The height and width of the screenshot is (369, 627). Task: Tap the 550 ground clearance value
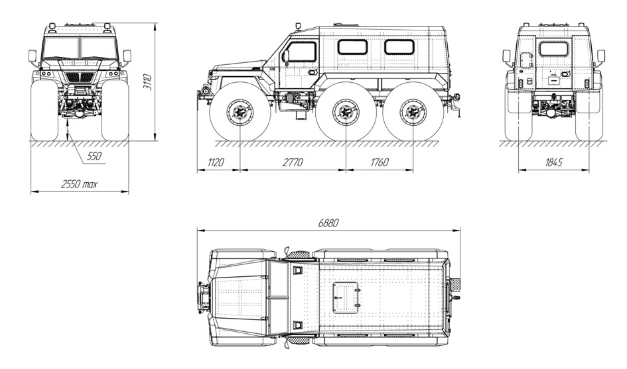tap(94, 156)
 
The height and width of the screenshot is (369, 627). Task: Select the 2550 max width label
tap(79, 184)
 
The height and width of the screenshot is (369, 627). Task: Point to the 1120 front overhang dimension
tap(216, 162)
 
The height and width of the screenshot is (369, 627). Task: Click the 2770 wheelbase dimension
tap(293, 162)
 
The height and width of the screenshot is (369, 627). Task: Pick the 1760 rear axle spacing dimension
tap(380, 162)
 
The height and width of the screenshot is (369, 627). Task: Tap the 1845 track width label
tap(554, 162)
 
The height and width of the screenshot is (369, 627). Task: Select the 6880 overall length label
tap(328, 223)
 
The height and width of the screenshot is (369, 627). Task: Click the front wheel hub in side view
tap(240, 112)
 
